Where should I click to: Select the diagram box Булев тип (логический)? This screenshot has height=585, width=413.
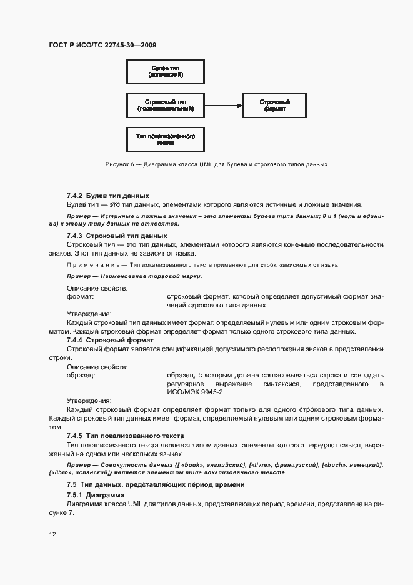166,71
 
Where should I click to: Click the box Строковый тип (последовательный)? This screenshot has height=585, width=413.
166,105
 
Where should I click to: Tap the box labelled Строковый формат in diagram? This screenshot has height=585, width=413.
274,105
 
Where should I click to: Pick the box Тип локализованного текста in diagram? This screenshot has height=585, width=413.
166,139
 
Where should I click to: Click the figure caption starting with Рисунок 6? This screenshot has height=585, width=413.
216,164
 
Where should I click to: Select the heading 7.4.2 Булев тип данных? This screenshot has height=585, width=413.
107,196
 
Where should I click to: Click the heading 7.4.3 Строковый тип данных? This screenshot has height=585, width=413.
116,236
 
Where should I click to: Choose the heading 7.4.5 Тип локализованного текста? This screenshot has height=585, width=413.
124,435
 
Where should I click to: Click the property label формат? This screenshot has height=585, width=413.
80,297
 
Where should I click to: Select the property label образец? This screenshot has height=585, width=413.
81,374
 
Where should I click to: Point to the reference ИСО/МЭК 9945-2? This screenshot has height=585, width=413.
195,392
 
